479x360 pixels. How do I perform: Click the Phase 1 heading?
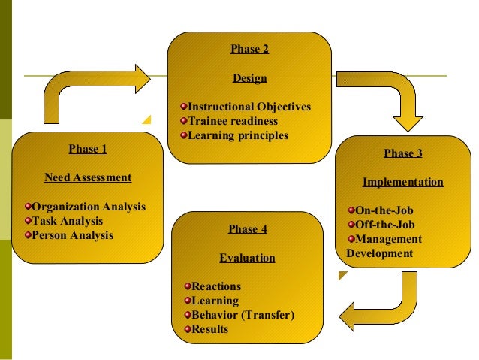click(87, 149)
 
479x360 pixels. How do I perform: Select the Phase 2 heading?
click(249, 50)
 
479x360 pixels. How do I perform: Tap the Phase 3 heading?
click(403, 153)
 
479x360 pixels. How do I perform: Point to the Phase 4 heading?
click(247, 229)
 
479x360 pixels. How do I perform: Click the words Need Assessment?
click(88, 178)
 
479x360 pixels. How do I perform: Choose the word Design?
click(249, 78)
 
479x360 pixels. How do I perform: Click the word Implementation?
click(402, 182)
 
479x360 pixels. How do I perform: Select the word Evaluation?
click(247, 258)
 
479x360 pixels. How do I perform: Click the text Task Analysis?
click(68, 221)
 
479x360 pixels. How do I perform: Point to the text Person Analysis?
click(73, 235)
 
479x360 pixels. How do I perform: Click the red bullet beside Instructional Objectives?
click(183, 107)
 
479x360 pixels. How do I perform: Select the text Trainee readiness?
click(233, 121)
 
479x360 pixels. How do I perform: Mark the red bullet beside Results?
click(188, 329)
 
